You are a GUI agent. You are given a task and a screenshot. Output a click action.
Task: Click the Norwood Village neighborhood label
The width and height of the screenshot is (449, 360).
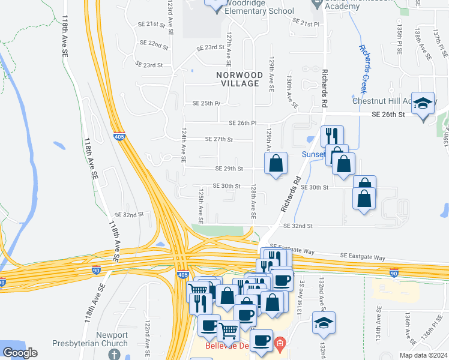241,79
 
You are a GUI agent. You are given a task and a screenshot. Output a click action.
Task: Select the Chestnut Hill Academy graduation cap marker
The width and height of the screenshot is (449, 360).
423,103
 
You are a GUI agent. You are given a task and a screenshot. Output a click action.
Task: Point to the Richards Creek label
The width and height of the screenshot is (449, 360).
369,64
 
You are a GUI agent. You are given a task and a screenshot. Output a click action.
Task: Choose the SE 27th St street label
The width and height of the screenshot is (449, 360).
218,139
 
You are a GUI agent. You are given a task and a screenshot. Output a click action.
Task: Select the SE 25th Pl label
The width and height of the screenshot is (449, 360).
206,104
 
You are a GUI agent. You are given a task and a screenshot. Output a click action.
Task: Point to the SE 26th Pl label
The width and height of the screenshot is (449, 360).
243,124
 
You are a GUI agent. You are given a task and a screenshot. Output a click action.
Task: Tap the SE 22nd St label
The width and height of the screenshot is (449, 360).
154,43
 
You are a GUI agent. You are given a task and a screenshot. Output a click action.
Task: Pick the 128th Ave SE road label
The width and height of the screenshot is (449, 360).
255,201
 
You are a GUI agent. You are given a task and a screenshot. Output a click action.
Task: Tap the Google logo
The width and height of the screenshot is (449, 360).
20,353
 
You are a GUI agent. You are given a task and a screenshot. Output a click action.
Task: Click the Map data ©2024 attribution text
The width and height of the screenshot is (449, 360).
424,355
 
